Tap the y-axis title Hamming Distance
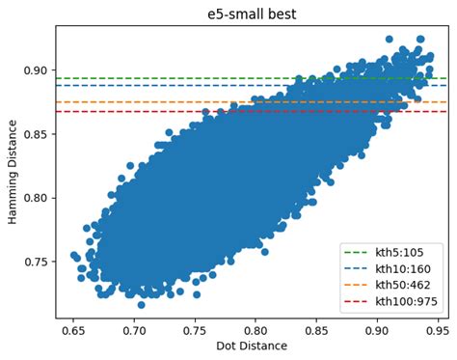13,171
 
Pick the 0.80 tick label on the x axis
255,329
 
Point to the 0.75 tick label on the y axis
37,262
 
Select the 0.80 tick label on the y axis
37,198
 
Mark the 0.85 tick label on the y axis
37,134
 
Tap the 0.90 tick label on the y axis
37,70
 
